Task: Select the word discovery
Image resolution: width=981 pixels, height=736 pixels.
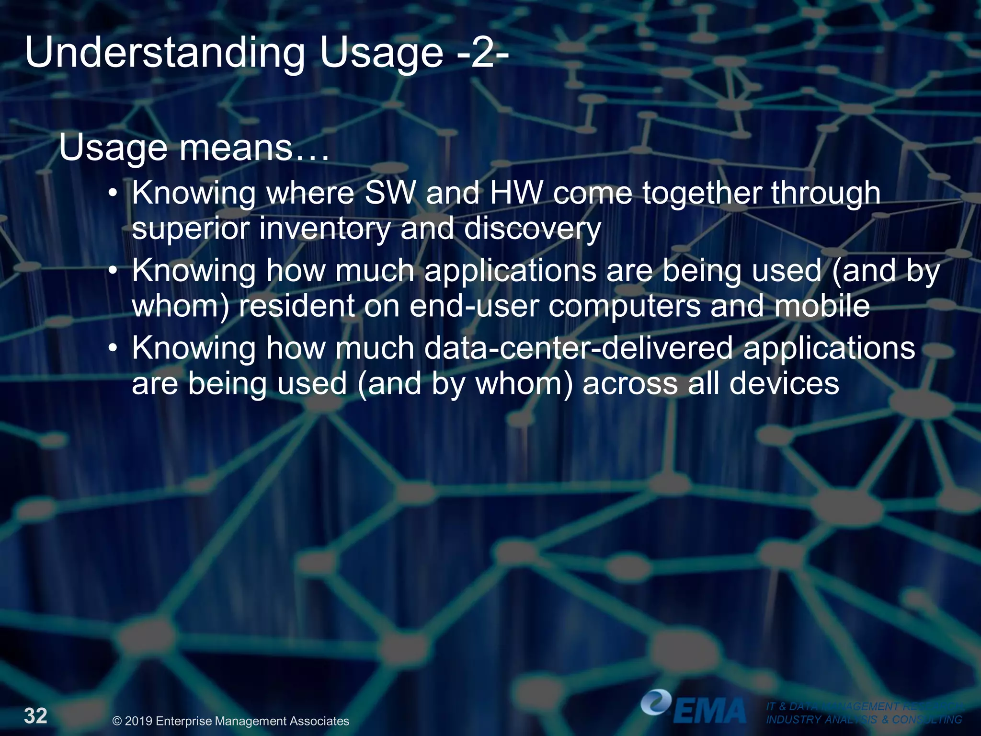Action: [532, 229]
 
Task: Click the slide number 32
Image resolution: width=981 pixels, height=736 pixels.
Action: [36, 716]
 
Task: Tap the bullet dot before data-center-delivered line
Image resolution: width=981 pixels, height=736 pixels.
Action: [113, 347]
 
